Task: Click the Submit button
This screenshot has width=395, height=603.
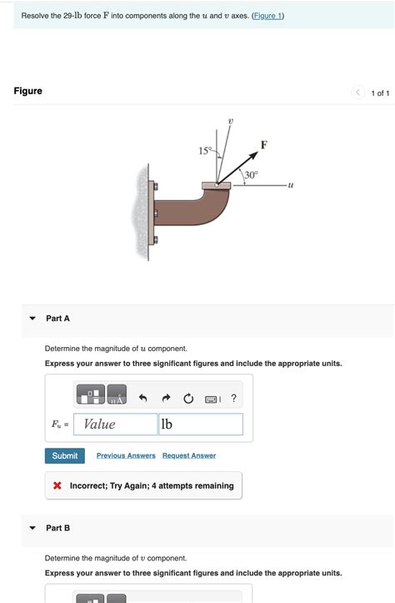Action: [x=64, y=455]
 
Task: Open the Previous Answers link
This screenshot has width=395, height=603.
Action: [x=126, y=455]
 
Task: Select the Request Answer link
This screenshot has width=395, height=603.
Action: [x=189, y=455]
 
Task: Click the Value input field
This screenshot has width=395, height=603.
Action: [x=114, y=425]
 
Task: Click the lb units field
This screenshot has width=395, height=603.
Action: [x=200, y=425]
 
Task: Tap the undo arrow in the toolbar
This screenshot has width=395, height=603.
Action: [x=143, y=398]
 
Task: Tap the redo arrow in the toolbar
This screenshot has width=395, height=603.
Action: [x=165, y=398]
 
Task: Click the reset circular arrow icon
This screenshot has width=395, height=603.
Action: [x=188, y=398]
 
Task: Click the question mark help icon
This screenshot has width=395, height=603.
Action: [x=234, y=398]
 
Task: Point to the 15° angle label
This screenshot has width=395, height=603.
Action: [x=205, y=150]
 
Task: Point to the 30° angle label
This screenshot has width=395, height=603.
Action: [x=251, y=175]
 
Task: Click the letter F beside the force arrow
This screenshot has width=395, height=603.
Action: [x=264, y=144]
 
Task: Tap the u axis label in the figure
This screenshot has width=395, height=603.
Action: [x=290, y=184]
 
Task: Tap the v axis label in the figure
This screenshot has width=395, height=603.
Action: [x=231, y=121]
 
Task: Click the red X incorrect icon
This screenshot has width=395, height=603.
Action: [x=57, y=485]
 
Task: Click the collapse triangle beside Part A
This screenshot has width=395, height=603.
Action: [x=32, y=319]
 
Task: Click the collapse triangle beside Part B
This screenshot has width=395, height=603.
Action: [x=32, y=528]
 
